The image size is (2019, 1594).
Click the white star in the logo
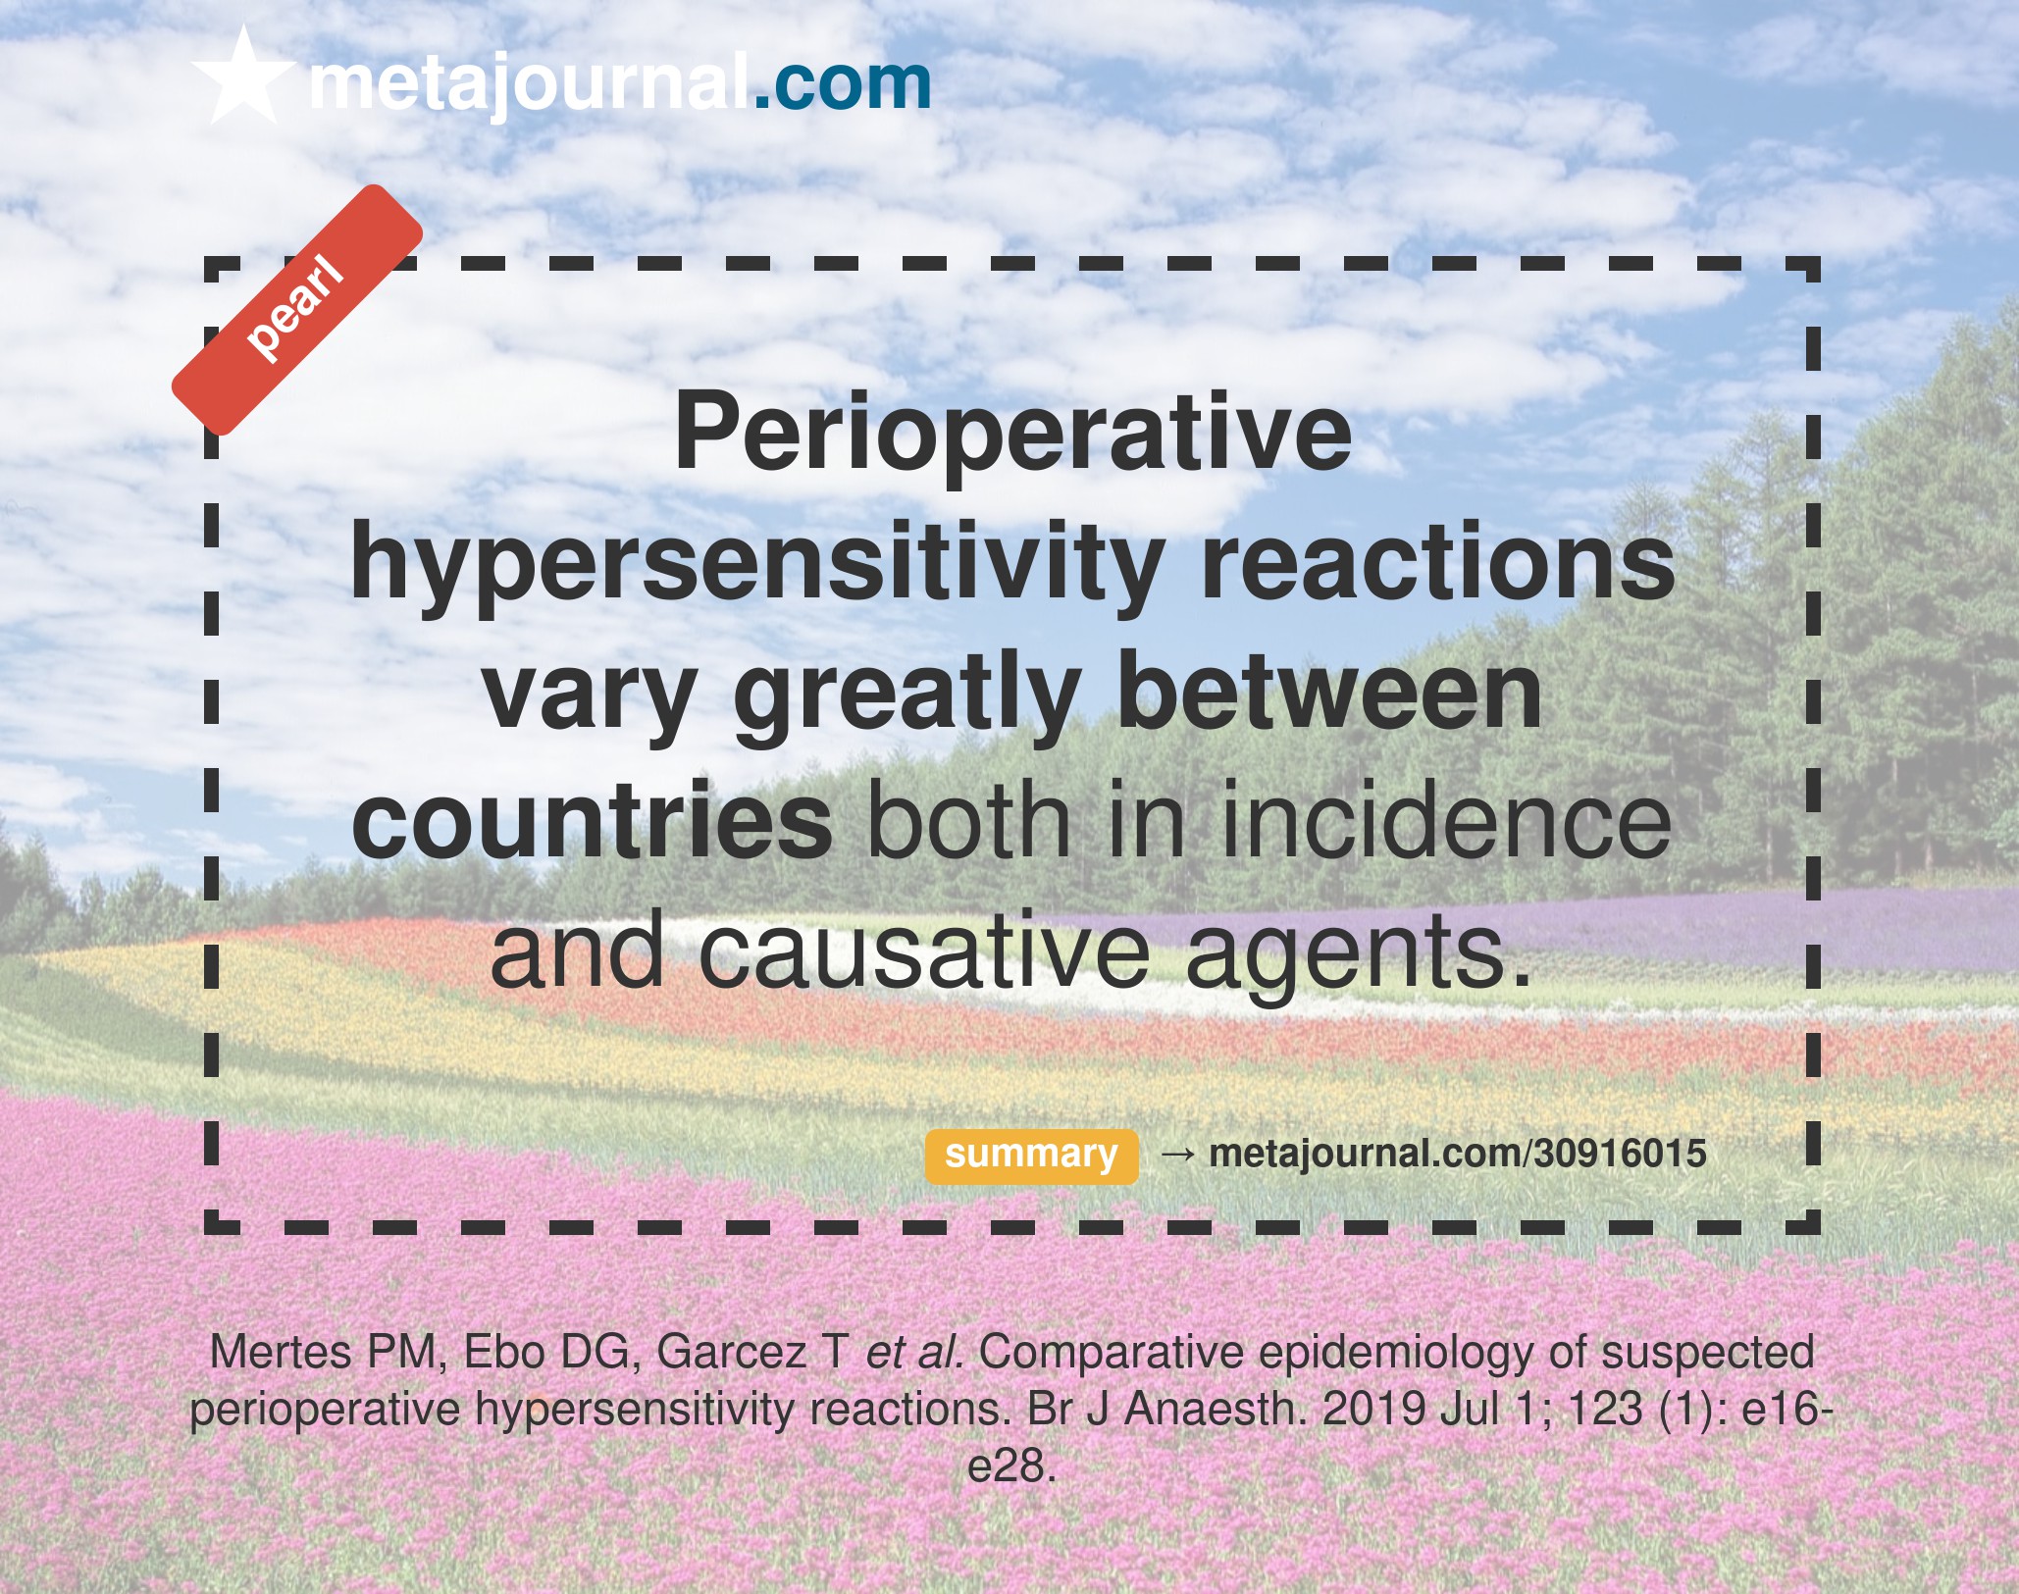243,78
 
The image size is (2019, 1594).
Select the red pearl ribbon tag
297,310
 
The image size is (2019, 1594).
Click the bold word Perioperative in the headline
1012,436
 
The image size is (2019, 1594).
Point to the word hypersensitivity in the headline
756,565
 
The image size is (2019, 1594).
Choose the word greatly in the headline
907,694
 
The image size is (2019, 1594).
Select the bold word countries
593,820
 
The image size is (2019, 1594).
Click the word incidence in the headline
1446,820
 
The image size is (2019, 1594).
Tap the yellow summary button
1031,1156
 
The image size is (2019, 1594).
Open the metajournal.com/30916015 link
1458,1154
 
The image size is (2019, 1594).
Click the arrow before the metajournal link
1177,1155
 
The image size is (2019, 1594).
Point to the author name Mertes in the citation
281,1352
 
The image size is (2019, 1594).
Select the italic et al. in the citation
914,1352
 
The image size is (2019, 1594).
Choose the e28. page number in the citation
1011,1467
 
